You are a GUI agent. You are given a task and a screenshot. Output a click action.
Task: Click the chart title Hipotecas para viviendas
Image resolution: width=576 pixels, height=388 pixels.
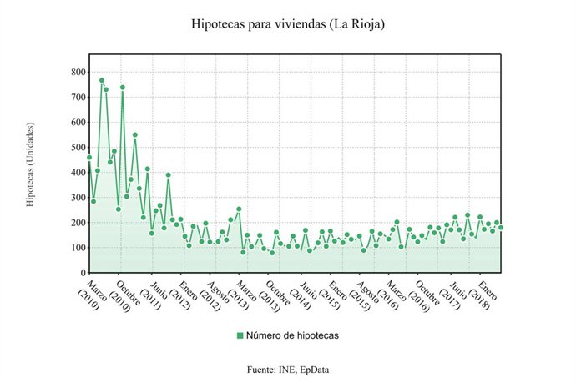250,24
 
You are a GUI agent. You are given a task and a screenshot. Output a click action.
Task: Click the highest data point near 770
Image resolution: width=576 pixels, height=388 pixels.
102,81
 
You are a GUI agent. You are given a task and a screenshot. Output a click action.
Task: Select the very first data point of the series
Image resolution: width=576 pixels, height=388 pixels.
89,157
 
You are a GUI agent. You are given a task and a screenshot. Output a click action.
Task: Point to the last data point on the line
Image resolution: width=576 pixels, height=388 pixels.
501,227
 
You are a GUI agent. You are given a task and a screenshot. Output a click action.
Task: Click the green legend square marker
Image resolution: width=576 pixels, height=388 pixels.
240,335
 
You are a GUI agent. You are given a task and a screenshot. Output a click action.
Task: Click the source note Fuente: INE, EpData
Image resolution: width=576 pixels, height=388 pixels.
288,368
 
